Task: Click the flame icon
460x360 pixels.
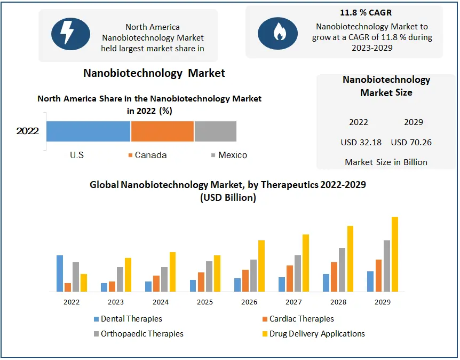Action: (277, 33)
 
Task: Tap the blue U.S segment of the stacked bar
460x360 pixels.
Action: (88, 131)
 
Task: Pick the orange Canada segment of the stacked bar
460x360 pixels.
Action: (162, 131)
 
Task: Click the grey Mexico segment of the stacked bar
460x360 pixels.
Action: (215, 131)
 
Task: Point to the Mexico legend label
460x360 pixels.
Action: (233, 155)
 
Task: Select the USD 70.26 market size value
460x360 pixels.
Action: (411, 143)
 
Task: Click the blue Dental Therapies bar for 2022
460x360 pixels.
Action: (60, 273)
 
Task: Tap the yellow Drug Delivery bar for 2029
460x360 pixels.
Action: (395, 254)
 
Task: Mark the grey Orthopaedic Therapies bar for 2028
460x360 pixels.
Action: (342, 270)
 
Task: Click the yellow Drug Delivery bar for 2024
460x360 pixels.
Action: (172, 272)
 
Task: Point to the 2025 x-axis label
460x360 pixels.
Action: (205, 302)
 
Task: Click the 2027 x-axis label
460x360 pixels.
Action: (294, 302)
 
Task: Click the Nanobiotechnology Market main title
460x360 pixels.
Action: (154, 73)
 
